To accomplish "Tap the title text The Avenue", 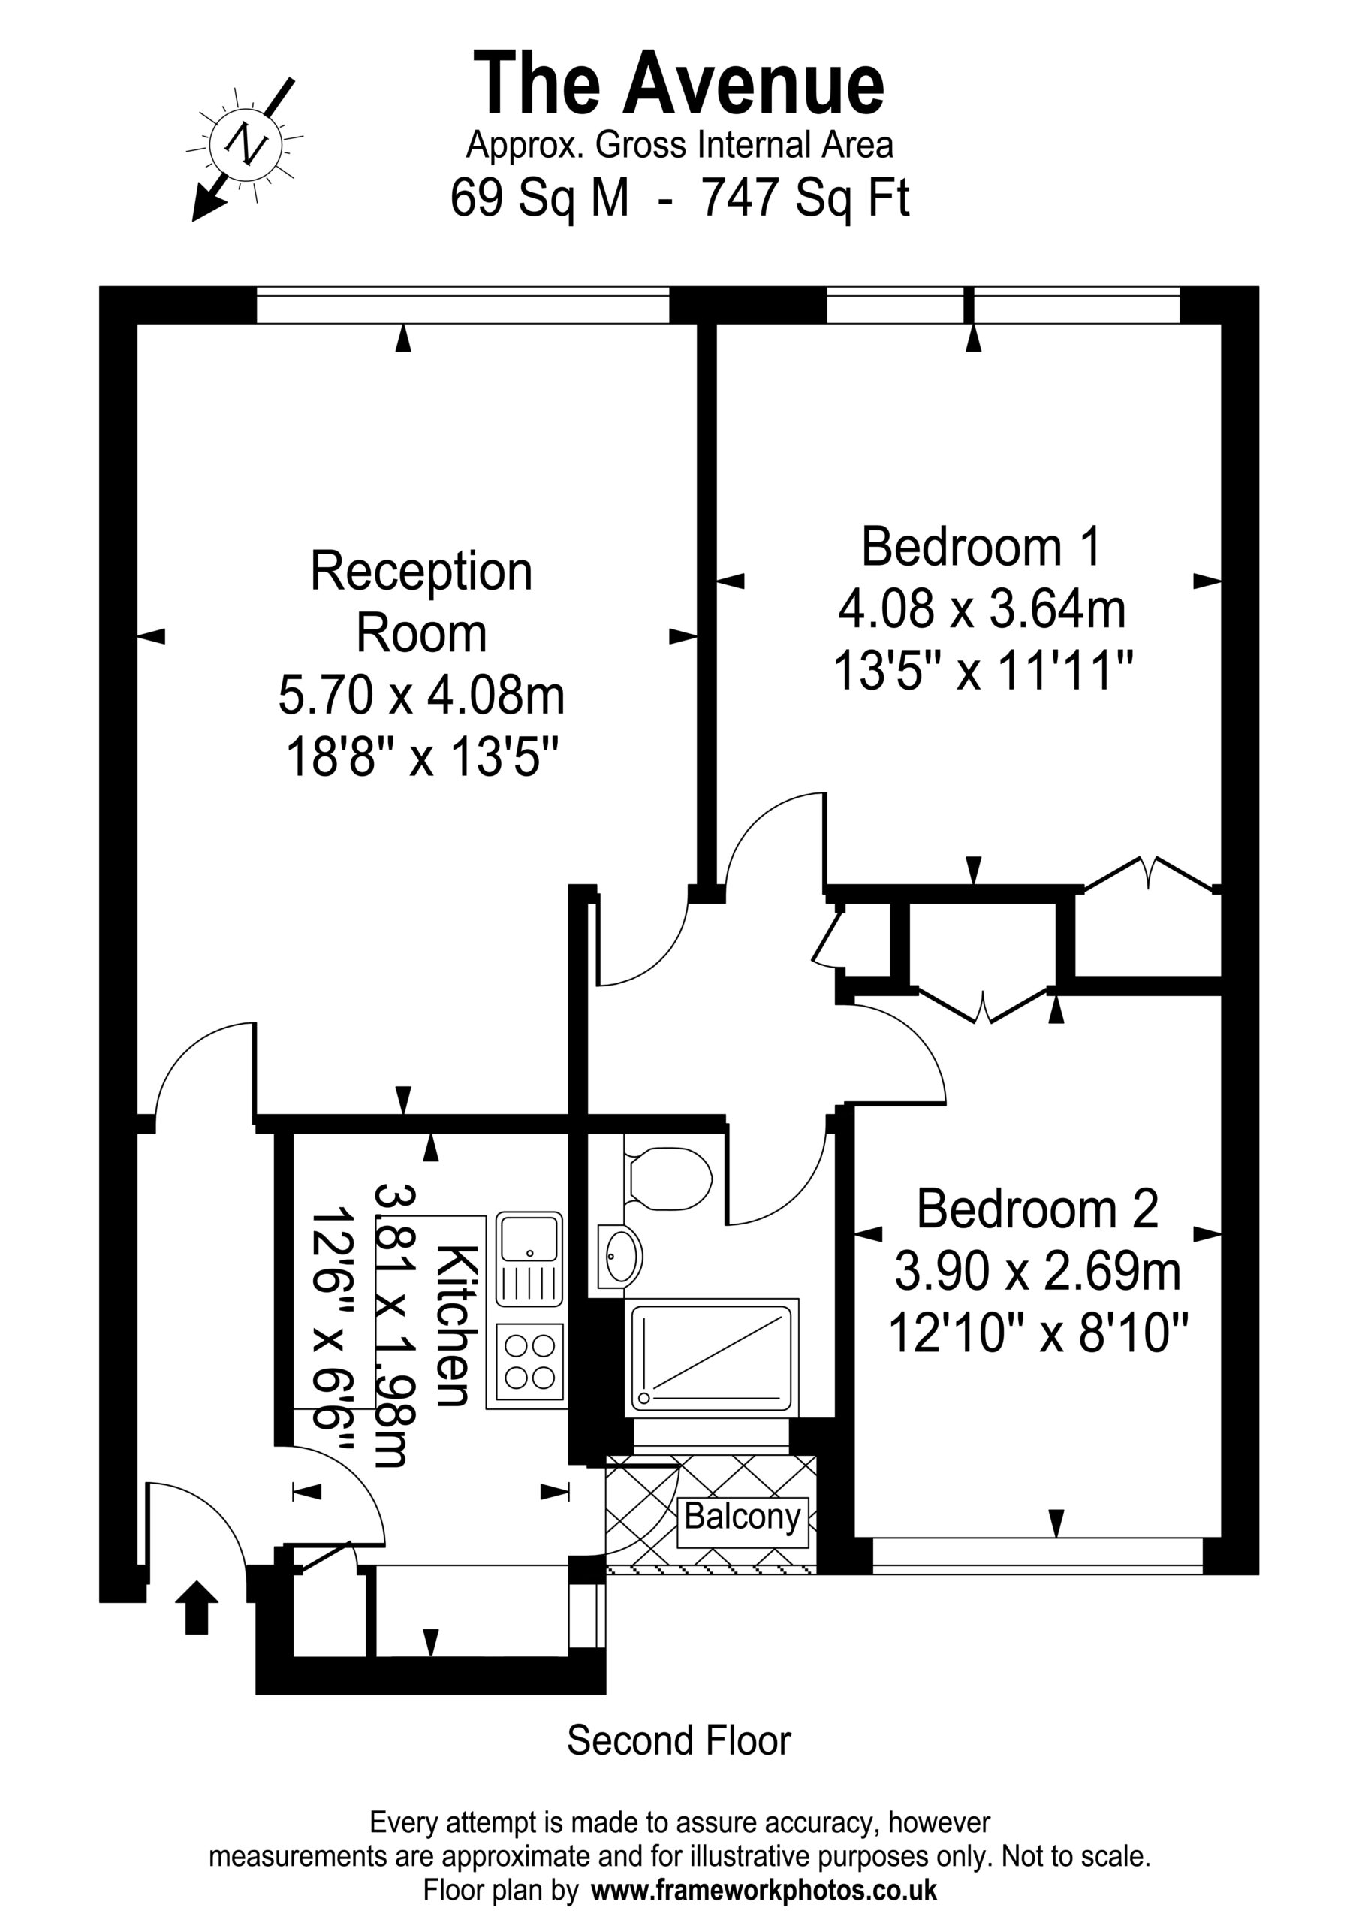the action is tap(679, 83).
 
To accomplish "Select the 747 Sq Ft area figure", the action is tap(805, 198).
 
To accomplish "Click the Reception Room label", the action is tap(421, 602).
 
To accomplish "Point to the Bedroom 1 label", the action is tap(981, 547).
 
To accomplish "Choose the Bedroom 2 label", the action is tap(1038, 1209).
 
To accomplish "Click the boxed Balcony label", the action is tap(743, 1516).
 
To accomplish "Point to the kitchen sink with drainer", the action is tap(529, 1259).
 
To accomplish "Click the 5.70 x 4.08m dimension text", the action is tap(421, 696).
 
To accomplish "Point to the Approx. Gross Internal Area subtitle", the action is tap(679, 146).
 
